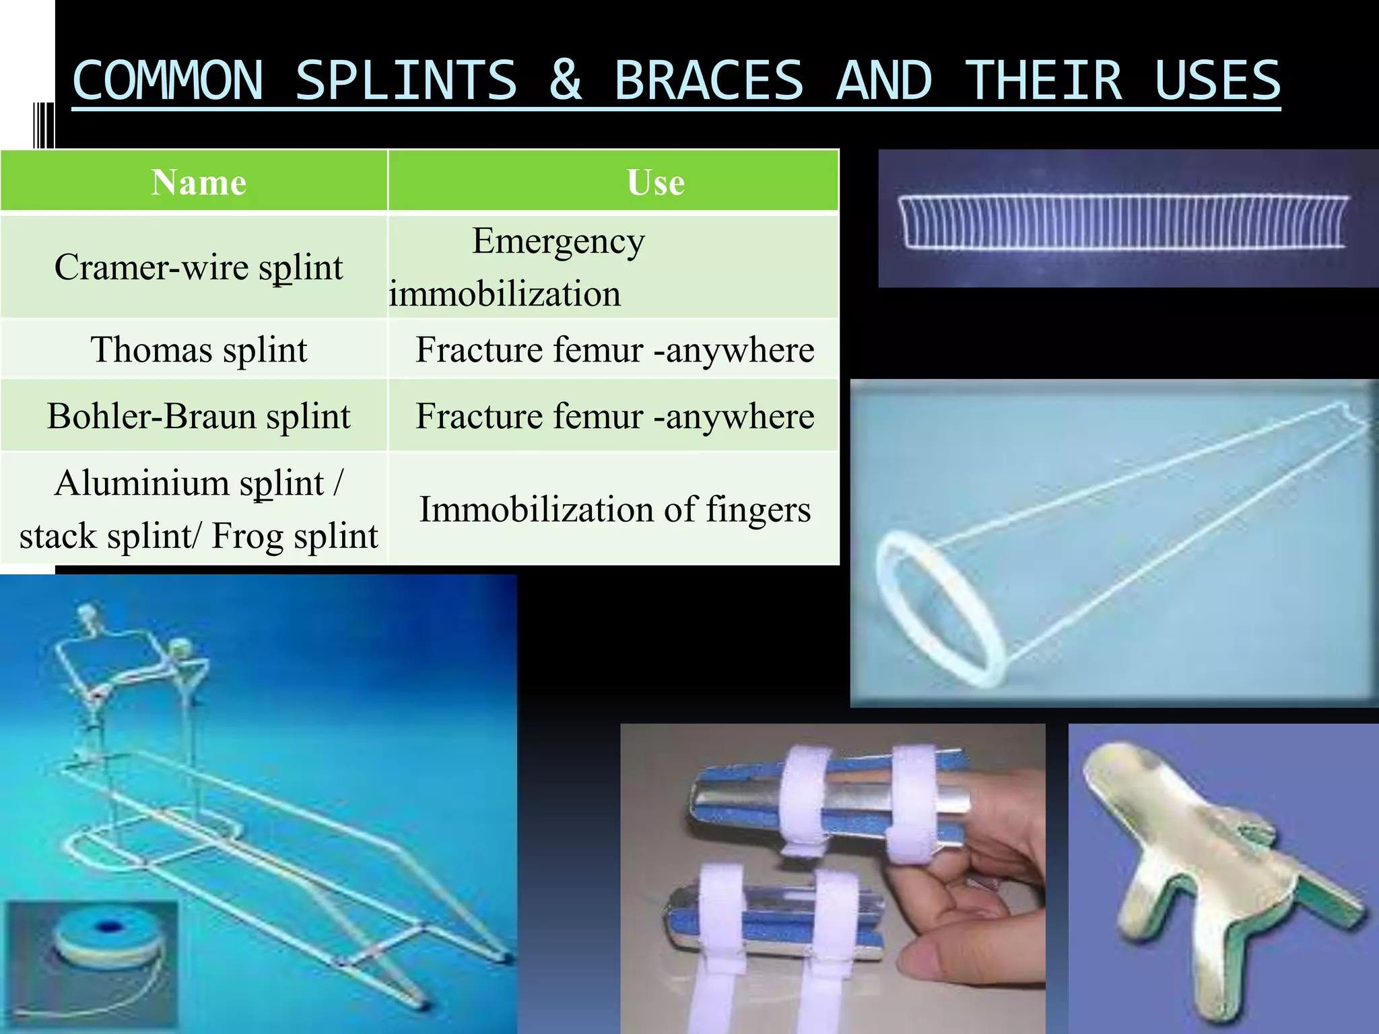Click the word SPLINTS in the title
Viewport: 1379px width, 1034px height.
tap(406, 81)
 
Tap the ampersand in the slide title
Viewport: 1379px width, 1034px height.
tap(566, 81)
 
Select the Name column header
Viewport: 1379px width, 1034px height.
tap(199, 182)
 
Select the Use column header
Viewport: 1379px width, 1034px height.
tap(655, 182)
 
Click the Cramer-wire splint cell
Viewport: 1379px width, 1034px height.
tap(199, 267)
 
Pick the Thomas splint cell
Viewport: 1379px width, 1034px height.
tap(199, 350)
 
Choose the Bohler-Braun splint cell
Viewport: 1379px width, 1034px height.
tap(199, 416)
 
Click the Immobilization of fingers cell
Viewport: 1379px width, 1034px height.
tap(615, 510)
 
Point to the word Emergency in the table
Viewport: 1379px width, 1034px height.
tap(558, 241)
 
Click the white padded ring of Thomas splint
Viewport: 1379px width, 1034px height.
tap(939, 606)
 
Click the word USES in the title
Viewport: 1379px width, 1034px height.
tap(1217, 81)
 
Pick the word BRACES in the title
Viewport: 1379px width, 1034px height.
tap(709, 81)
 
